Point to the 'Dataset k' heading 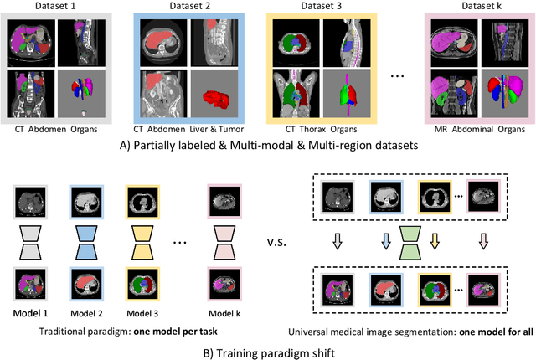(477, 7)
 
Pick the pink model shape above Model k (224, 240)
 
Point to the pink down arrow (484, 241)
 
